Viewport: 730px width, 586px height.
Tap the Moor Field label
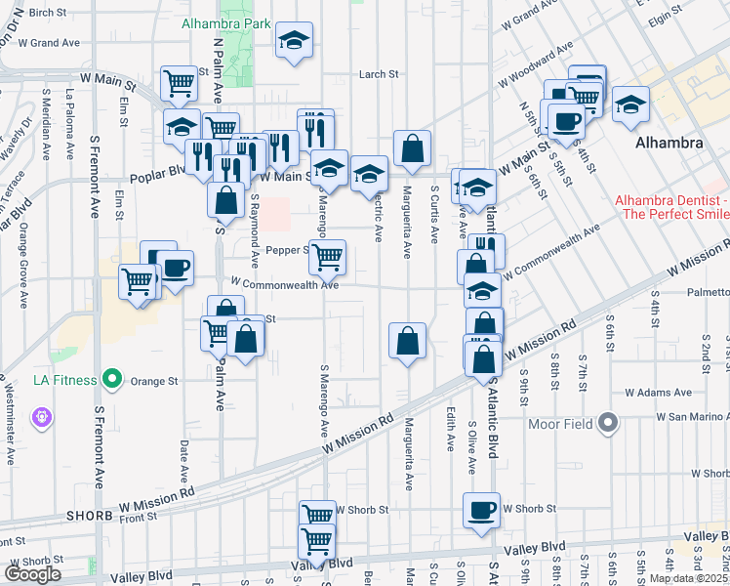point(560,424)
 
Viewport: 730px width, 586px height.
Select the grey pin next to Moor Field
point(608,423)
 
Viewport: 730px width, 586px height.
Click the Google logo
point(32,574)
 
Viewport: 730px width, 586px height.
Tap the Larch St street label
point(380,73)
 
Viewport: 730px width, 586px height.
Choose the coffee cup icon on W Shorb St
point(482,511)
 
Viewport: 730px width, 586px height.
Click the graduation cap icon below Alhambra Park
point(293,41)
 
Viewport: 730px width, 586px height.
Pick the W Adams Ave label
point(658,393)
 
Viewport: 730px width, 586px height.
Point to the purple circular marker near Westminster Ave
point(41,418)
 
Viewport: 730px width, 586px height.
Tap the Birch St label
point(46,13)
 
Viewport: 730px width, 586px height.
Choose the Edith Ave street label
point(450,429)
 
